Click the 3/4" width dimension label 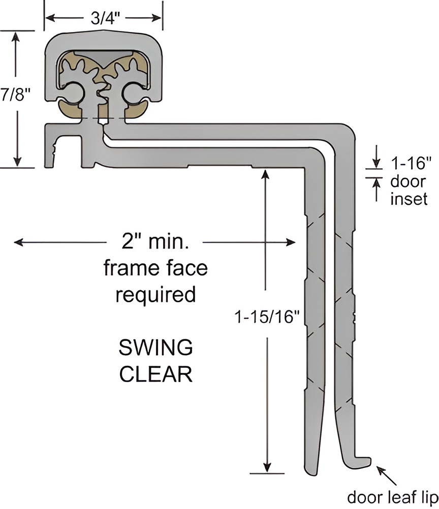click(104, 18)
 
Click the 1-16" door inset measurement click(411, 164)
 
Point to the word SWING click(155, 349)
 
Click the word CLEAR click(155, 375)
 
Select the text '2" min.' click(155, 241)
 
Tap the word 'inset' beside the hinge click(409, 199)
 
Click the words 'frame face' click(155, 268)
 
